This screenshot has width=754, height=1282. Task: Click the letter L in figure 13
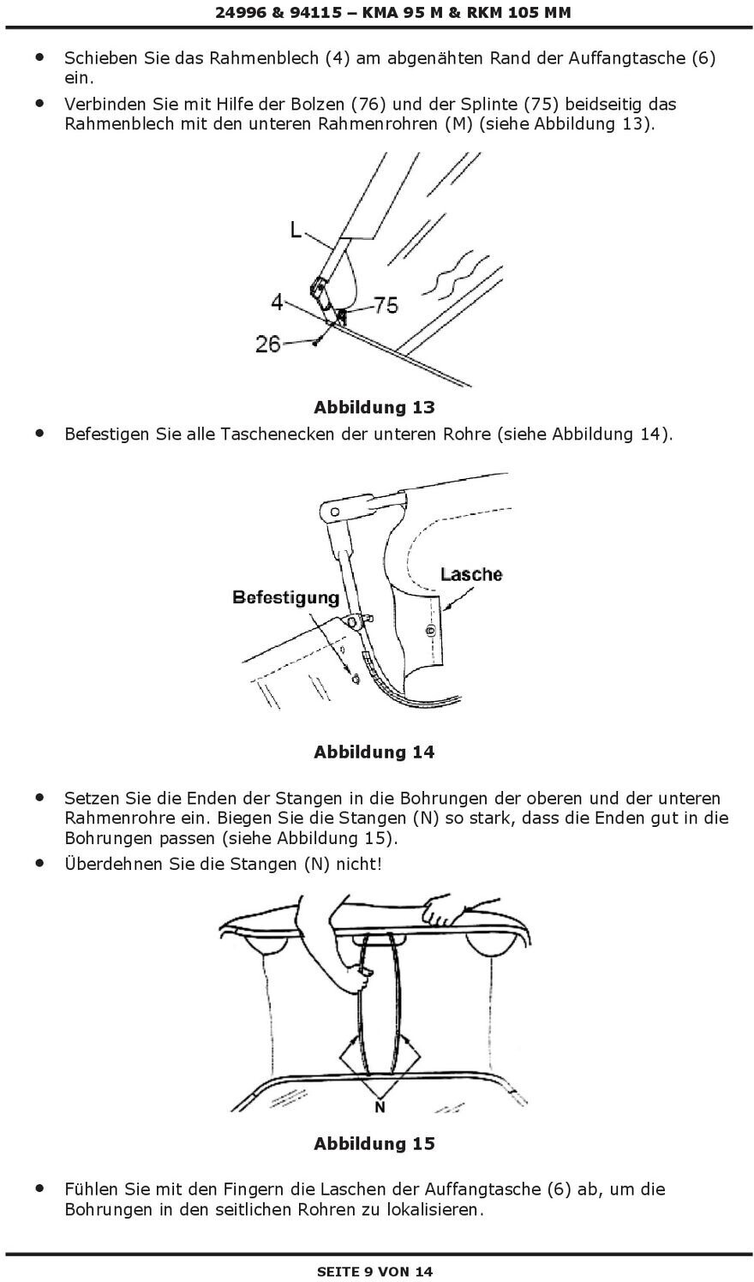[x=296, y=230]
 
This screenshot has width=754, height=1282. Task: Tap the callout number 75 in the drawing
[x=386, y=305]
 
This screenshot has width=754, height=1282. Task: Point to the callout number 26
[x=268, y=344]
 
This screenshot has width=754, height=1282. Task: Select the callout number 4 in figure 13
[x=277, y=302]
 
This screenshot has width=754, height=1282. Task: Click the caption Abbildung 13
[x=374, y=406]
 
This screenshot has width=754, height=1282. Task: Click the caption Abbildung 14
[x=374, y=752]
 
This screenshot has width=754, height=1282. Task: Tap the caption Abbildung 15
[x=374, y=1143]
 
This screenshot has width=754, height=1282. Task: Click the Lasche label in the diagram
[x=471, y=574]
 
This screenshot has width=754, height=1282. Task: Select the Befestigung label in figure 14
[x=286, y=597]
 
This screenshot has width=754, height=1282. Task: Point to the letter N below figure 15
[x=380, y=1108]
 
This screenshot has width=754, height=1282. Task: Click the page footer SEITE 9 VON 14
[x=375, y=1272]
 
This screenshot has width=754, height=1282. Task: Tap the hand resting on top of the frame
[x=446, y=911]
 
